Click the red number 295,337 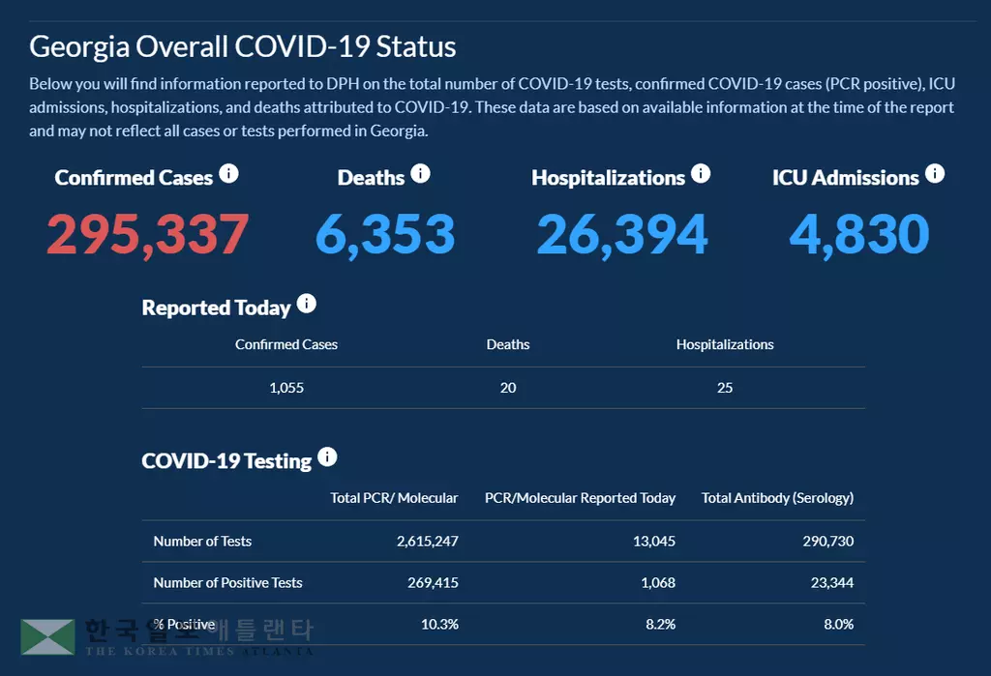point(147,234)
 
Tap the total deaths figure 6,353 point(385,234)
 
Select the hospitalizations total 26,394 point(622,234)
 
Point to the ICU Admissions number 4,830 point(859,234)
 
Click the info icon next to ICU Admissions point(934,174)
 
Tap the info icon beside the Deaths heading point(420,174)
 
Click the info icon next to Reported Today point(306,304)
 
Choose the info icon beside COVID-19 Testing point(327,457)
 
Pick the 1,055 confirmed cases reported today point(286,388)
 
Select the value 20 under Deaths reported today point(508,388)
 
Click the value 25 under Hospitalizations point(725,388)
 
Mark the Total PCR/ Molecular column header point(394,498)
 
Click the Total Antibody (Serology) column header point(777,498)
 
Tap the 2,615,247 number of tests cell point(427,542)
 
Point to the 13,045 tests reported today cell point(653,542)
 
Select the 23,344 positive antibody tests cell point(830,583)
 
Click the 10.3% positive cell point(439,625)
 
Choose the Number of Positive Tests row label point(227,583)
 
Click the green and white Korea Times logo point(48,636)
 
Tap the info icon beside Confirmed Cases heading point(228,174)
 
